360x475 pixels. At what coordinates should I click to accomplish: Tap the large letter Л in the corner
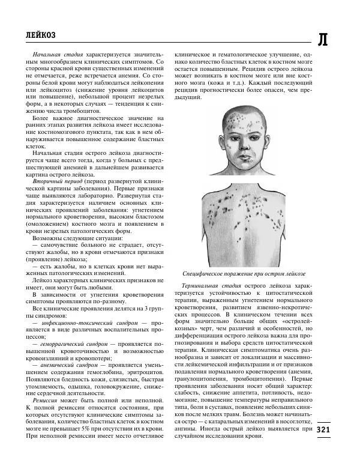322,40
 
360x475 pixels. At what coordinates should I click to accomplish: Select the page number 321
322,429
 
